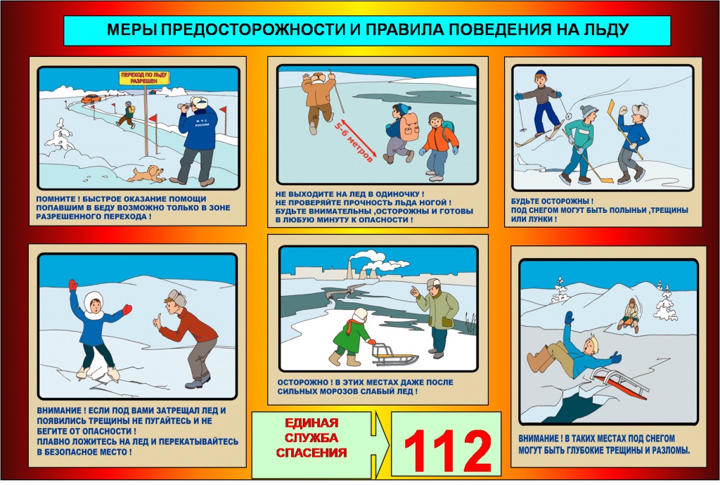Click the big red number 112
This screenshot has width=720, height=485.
pyautogui.click(x=447, y=451)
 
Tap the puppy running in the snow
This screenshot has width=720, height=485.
pyautogui.click(x=146, y=174)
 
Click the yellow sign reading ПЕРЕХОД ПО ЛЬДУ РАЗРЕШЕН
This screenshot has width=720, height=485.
pyautogui.click(x=143, y=77)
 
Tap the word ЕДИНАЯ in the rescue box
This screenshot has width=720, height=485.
pyautogui.click(x=311, y=422)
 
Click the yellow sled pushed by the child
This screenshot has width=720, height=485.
pyautogui.click(x=387, y=353)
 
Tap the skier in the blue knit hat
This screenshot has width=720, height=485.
pyautogui.click(x=541, y=106)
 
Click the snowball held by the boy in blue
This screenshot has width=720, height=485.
pyautogui.click(x=624, y=110)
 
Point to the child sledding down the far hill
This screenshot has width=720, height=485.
pyautogui.click(x=629, y=315)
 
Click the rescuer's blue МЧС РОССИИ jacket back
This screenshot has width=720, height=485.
pyautogui.click(x=200, y=127)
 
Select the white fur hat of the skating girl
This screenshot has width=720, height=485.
pyautogui.click(x=94, y=300)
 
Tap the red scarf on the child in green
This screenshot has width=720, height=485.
pyautogui.click(x=353, y=325)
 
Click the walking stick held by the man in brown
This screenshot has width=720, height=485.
pyautogui.click(x=336, y=91)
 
